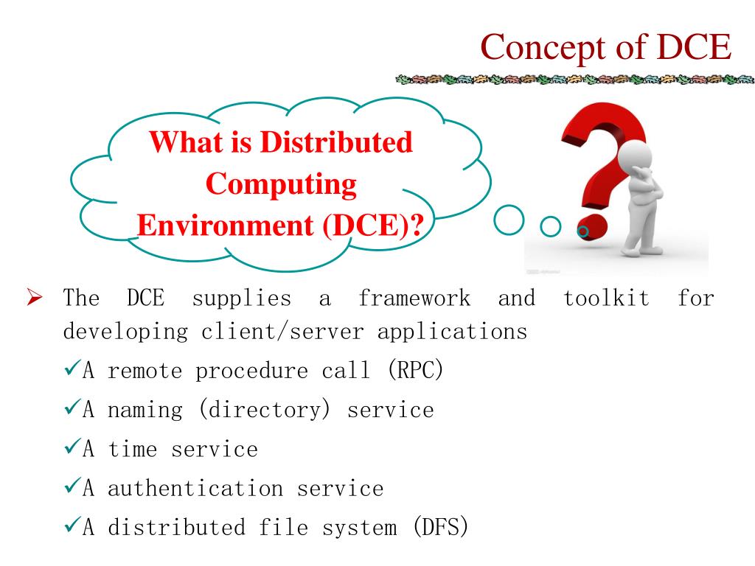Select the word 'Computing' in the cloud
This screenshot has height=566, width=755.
pyautogui.click(x=281, y=184)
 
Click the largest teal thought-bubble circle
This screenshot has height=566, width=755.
pyautogui.click(x=508, y=220)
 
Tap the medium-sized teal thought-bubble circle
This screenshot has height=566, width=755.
pyautogui.click(x=551, y=226)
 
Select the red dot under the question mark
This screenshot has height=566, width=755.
pyautogui.click(x=594, y=229)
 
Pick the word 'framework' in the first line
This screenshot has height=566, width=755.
pyautogui.click(x=414, y=298)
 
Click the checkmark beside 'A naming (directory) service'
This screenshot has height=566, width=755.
pyautogui.click(x=72, y=409)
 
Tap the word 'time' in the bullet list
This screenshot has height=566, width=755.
pyautogui.click(x=133, y=449)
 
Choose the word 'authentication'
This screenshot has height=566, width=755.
pyautogui.click(x=195, y=488)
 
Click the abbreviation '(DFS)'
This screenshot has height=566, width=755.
pyautogui.click(x=440, y=528)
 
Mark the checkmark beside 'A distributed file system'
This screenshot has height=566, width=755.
pyautogui.click(x=72, y=527)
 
